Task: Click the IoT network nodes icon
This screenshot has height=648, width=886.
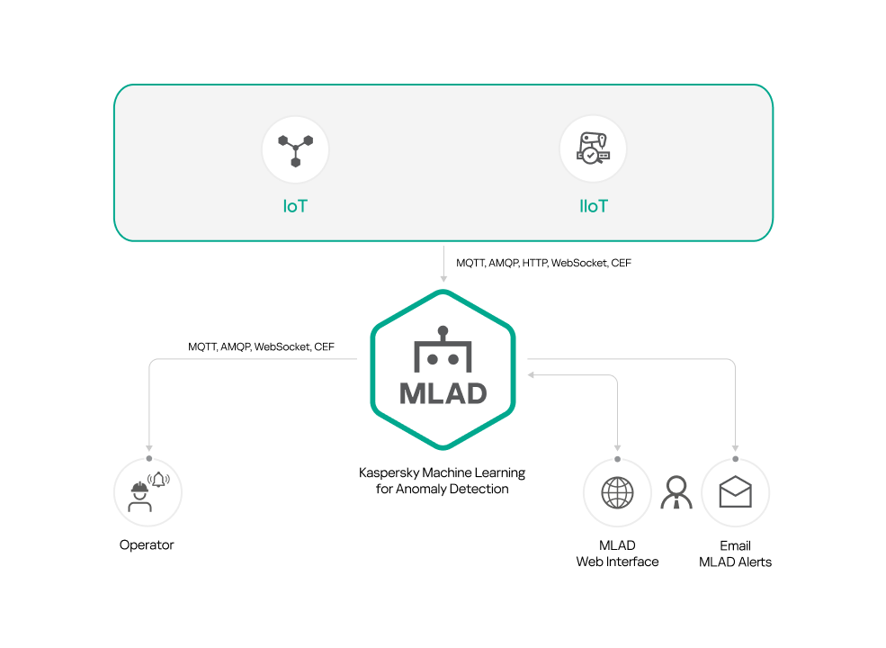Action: (x=295, y=149)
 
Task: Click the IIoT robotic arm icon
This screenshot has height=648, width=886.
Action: (x=593, y=149)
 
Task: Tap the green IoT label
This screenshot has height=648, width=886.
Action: (x=295, y=206)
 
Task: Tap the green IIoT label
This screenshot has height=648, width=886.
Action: (x=593, y=206)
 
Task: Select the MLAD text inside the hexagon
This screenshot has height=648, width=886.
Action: (x=443, y=393)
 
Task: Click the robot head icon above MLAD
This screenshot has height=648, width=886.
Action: (x=443, y=350)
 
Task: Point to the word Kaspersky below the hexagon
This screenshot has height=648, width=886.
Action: (x=388, y=472)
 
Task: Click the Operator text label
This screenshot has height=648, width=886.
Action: (x=147, y=544)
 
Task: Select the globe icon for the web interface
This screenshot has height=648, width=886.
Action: (x=617, y=492)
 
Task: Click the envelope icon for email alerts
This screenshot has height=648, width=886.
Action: (x=735, y=492)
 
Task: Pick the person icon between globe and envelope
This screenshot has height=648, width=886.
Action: (x=676, y=492)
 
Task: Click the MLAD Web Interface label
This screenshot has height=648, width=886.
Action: (x=617, y=553)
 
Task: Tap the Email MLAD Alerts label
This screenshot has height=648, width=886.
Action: (x=735, y=553)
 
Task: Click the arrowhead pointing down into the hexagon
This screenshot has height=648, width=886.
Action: (x=443, y=278)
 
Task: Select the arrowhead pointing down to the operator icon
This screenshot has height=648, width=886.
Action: (x=148, y=446)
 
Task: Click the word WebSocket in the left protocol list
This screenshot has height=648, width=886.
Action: (x=282, y=346)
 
